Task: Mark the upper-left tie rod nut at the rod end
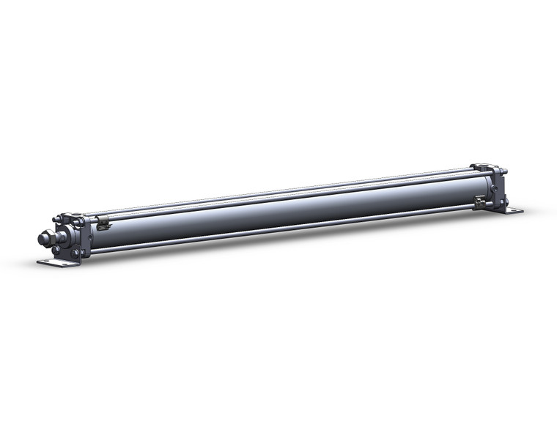pos(59,218)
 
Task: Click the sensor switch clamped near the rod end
pos(103,220)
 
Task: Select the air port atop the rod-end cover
pos(68,215)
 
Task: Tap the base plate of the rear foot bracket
pos(510,211)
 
